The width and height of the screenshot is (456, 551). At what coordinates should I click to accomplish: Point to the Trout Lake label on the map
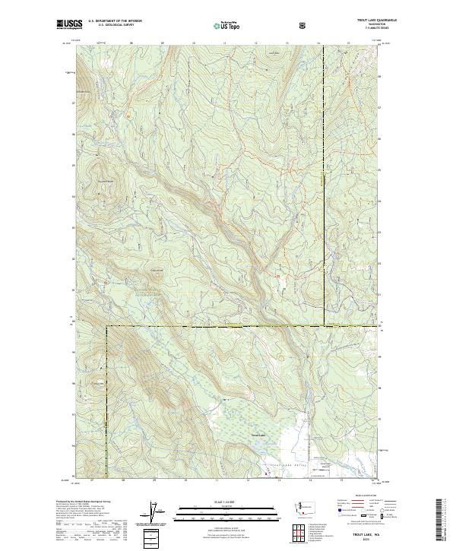pyautogui.click(x=258, y=435)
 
